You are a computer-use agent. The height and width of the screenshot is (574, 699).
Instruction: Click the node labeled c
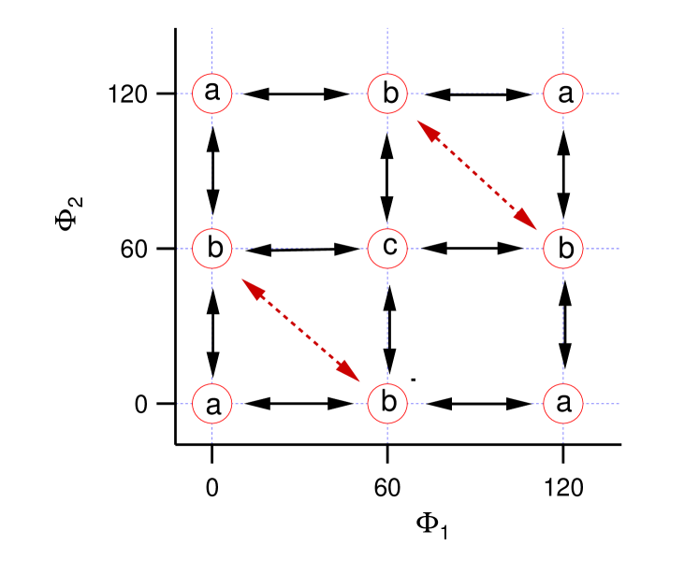point(387,249)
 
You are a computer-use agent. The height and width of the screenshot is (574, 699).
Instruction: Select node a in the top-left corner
point(212,93)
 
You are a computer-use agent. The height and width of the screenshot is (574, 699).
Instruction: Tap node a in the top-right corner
point(563,93)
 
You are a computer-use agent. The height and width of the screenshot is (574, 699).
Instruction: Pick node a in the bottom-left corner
point(212,405)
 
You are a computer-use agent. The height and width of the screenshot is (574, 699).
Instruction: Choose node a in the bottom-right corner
point(563,405)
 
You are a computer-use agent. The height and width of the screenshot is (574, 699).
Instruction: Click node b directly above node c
point(387,93)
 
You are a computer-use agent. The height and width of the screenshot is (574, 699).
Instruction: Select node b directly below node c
point(387,405)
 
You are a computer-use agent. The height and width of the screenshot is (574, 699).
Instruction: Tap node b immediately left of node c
point(212,249)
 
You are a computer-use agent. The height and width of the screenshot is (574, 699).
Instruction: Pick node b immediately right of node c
point(563,249)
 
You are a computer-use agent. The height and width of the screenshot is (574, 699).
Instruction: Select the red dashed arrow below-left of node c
point(300,328)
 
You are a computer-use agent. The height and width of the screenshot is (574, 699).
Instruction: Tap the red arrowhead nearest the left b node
point(249,284)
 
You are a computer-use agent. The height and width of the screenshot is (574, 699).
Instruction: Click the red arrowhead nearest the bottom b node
point(353,374)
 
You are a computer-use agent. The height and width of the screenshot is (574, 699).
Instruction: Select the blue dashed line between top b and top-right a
point(477,93)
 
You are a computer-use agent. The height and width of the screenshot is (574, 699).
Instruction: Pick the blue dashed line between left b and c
point(298,249)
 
